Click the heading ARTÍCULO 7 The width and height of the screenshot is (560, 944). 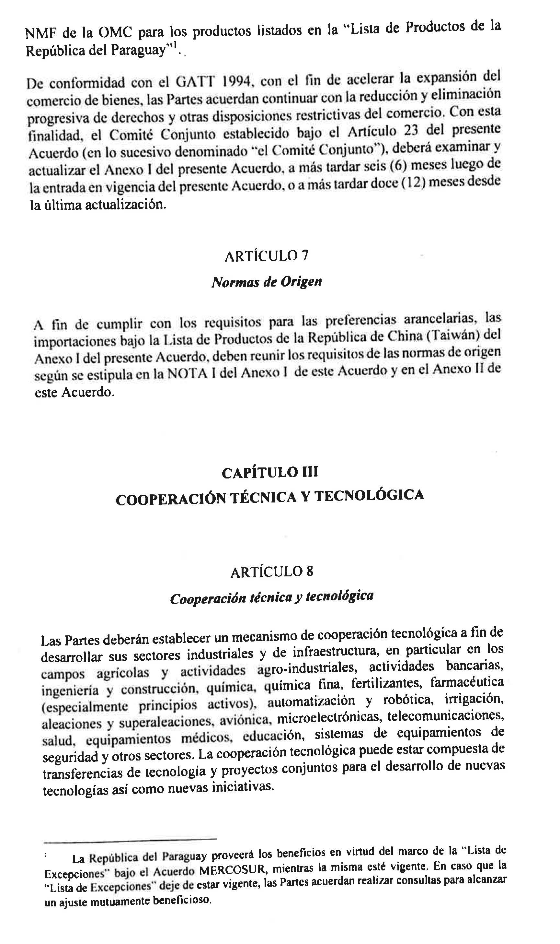pos(267,256)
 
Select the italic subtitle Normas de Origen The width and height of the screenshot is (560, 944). pos(267,282)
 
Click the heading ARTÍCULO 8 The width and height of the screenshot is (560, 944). pos(272,572)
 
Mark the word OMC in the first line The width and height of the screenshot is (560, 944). pos(115,33)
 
